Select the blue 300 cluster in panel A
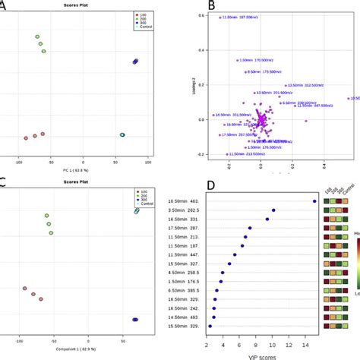tap(136, 62)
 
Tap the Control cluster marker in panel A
tap(122, 134)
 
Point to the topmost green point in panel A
tap(37, 36)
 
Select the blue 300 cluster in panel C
tap(136, 320)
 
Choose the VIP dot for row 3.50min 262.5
tap(273, 210)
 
